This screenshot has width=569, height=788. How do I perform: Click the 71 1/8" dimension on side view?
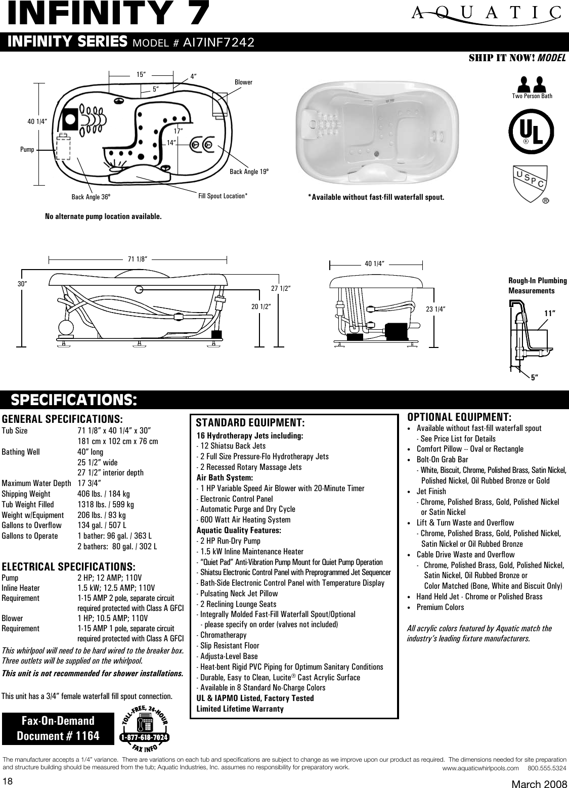(x=137, y=259)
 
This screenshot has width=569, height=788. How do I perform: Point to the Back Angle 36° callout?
(x=91, y=197)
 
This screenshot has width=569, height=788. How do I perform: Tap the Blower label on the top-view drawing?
(x=243, y=82)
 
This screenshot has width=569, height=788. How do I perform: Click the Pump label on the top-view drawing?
(x=27, y=150)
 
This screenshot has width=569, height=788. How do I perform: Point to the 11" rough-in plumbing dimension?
(x=550, y=313)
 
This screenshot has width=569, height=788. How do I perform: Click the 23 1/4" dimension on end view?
(x=435, y=308)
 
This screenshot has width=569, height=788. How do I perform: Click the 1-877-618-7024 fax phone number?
(x=145, y=737)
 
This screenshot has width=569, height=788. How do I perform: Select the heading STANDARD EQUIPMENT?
(x=250, y=422)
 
